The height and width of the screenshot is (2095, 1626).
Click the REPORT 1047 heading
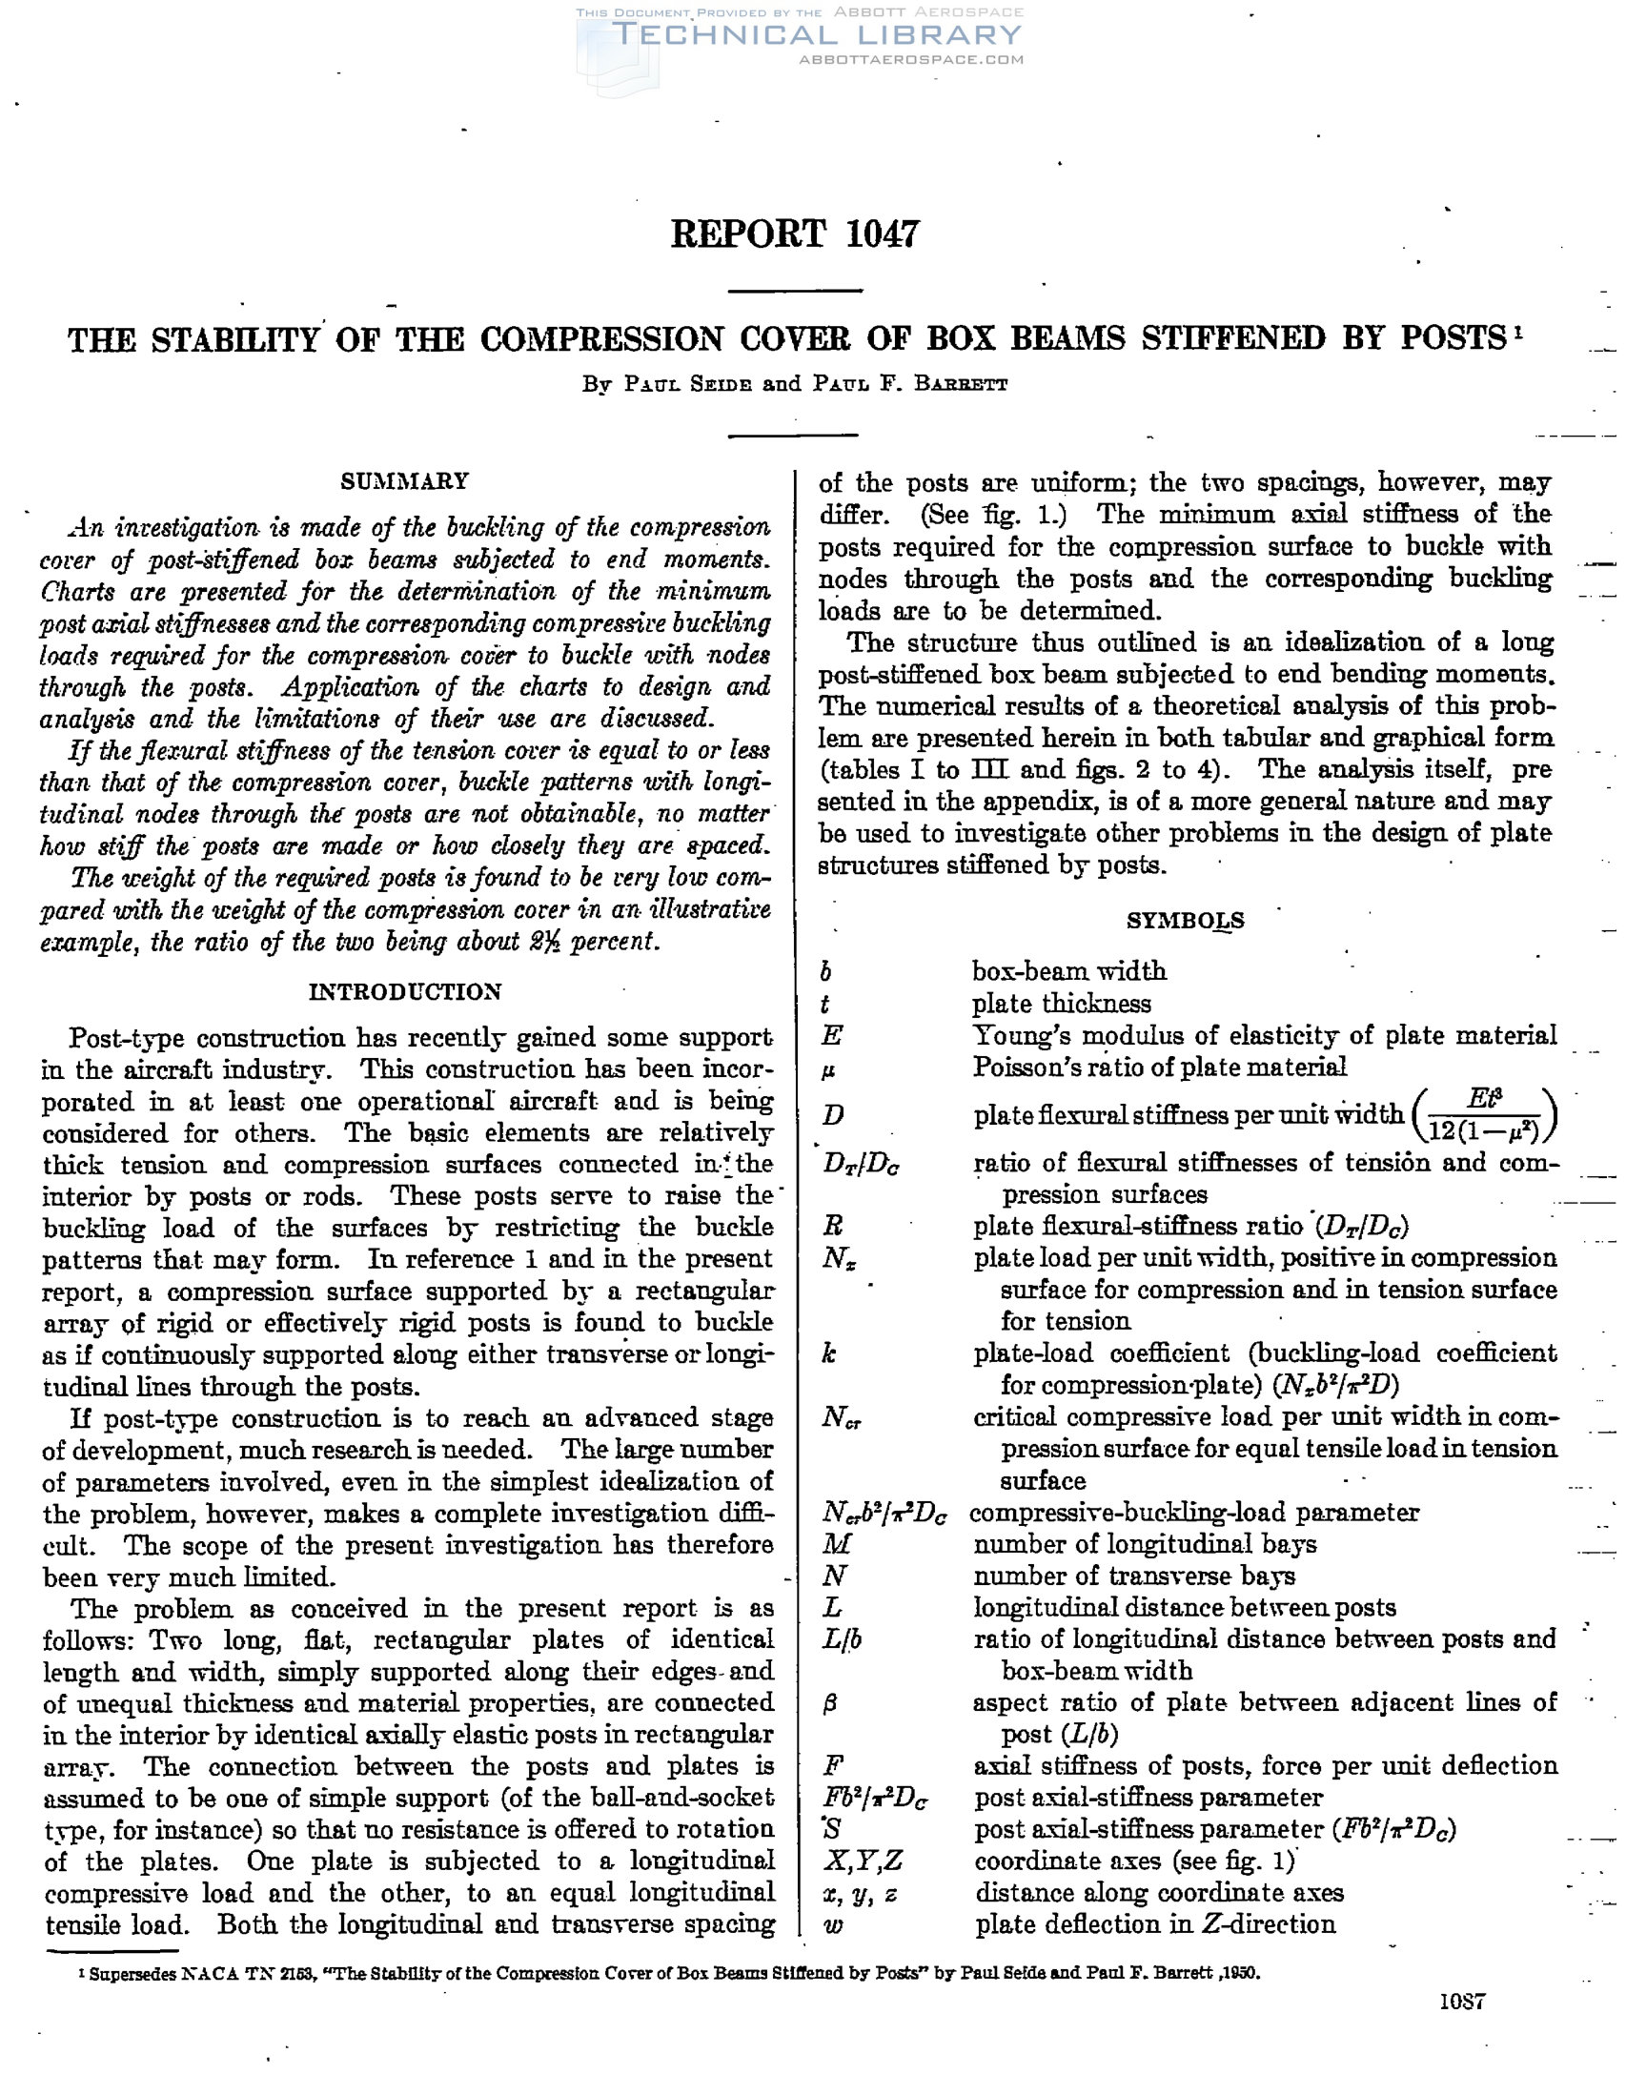pyautogui.click(x=794, y=234)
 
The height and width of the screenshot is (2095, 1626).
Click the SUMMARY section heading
pyautogui.click(x=405, y=480)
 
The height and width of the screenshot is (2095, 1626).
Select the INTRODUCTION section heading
pyautogui.click(x=405, y=992)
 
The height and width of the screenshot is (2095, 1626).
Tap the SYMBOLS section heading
pyautogui.click(x=1185, y=921)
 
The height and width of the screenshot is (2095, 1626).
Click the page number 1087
pyautogui.click(x=1462, y=2001)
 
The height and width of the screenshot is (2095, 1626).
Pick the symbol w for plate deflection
pyautogui.click(x=833, y=1925)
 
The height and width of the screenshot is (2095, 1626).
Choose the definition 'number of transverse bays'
pyautogui.click(x=1134, y=1576)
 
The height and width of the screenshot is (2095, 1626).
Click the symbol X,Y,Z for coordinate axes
pyautogui.click(x=863, y=1861)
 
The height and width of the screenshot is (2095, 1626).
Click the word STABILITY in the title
pyautogui.click(x=235, y=339)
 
